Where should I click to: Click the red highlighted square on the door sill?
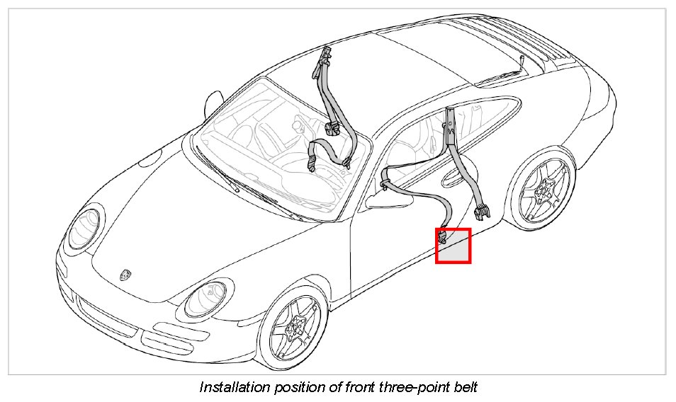[454, 246]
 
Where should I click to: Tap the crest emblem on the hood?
[127, 272]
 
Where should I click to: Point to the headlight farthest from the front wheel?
[84, 229]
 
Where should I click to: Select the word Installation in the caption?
[234, 387]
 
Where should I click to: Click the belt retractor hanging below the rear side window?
[483, 209]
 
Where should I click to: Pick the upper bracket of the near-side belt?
[449, 126]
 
